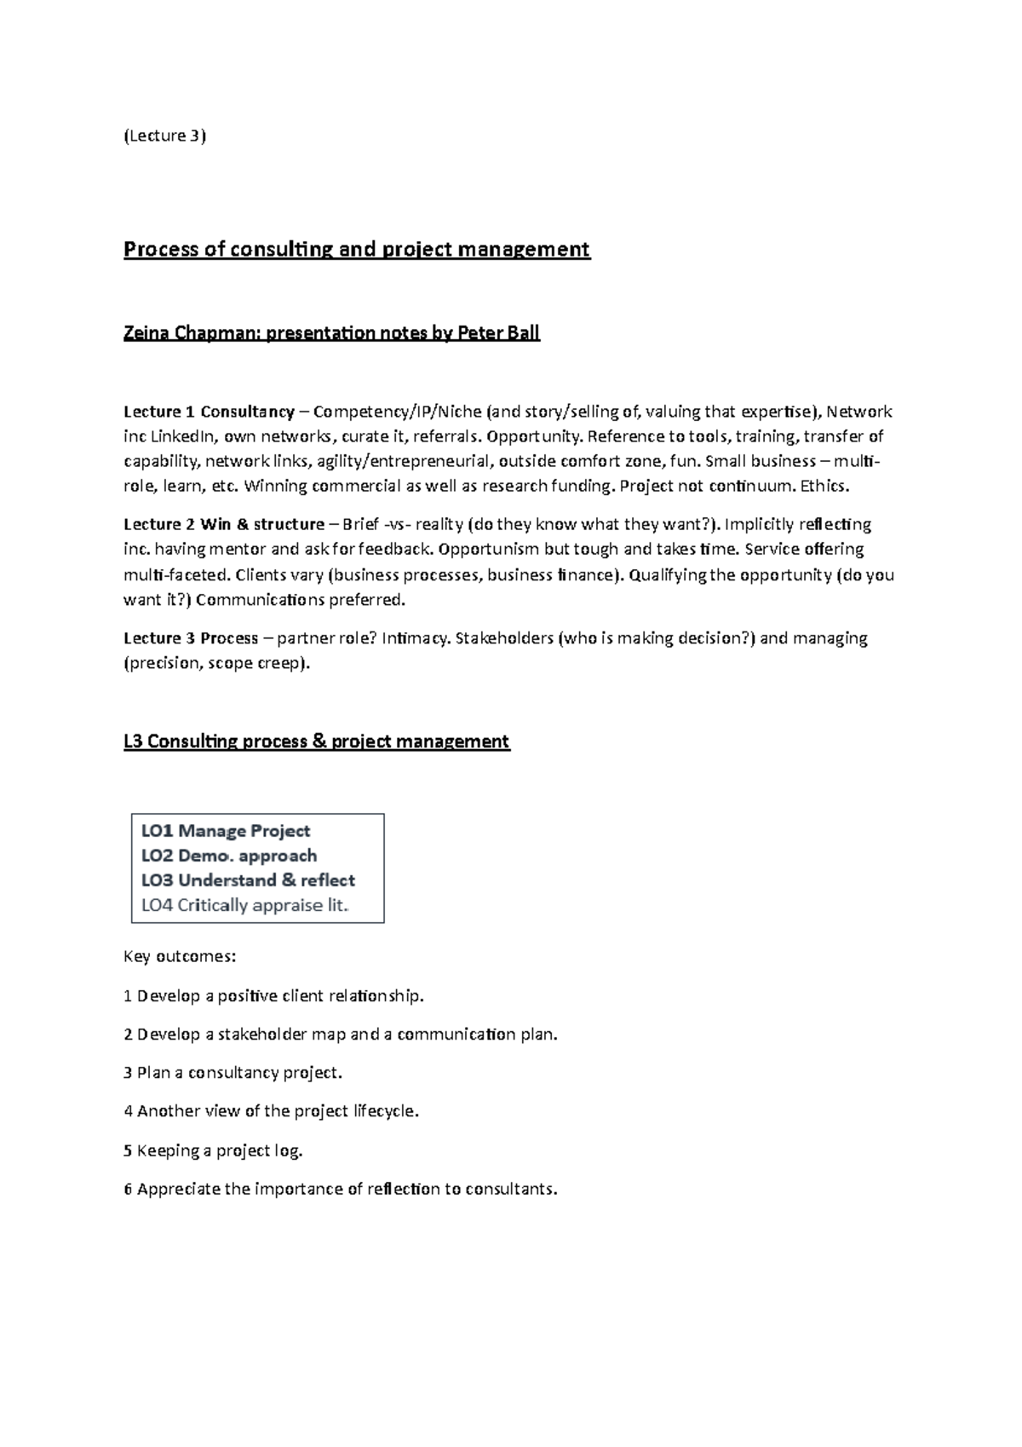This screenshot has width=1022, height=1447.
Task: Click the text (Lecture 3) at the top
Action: (165, 135)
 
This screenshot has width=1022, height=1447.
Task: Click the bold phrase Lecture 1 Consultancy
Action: (209, 412)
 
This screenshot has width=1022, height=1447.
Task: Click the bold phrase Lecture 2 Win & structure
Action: (224, 524)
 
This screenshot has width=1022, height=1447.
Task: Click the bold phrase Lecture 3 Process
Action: (191, 638)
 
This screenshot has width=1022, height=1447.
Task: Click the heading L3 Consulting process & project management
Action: (316, 741)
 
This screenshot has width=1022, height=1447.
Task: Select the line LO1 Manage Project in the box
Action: (226, 831)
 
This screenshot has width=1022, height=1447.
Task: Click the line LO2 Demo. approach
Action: (229, 856)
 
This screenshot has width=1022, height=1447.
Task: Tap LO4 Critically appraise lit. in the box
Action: (245, 905)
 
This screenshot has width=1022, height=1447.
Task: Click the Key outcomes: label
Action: (180, 956)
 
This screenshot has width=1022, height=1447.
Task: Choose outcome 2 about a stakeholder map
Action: (340, 1035)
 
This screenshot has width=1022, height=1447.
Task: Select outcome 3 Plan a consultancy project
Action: (233, 1073)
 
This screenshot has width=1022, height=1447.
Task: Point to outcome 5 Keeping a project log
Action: (213, 1150)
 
